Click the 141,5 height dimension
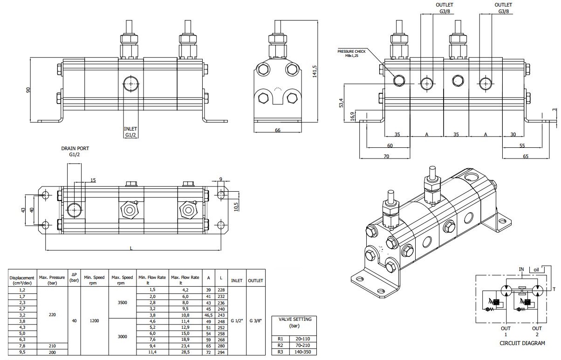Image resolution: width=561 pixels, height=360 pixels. click(315, 71)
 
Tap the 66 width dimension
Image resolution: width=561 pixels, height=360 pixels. click(278, 131)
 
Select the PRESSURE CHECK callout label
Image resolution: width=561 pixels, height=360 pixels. click(351, 54)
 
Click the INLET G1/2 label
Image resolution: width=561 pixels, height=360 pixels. click(130, 132)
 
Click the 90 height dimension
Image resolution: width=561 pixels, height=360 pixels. click(28, 90)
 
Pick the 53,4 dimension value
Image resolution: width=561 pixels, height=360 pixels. click(342, 103)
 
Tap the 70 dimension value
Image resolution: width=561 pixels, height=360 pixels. click(386, 156)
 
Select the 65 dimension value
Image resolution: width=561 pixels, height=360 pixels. click(526, 156)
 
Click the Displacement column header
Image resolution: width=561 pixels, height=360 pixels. click(22, 281)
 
